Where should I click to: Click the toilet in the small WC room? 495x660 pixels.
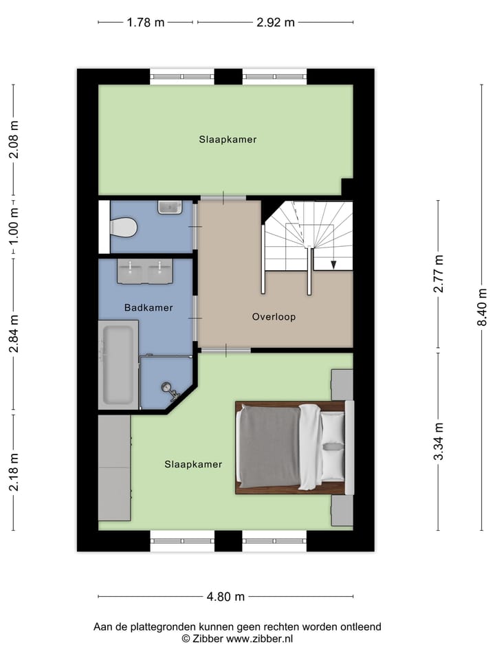coord(124,225)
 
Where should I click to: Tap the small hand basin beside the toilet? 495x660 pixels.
coord(169,206)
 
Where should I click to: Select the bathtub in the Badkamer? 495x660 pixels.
coord(120,364)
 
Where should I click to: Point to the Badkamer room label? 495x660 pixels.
coord(148,307)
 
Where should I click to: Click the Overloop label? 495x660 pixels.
coord(274,317)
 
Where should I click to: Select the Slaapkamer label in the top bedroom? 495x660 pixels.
coord(228,140)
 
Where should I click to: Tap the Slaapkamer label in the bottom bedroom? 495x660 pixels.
coord(193,464)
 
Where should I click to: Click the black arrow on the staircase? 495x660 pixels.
coord(333,263)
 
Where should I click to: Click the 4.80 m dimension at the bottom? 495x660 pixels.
coord(225,597)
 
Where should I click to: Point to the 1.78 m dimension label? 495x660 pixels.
coord(145,22)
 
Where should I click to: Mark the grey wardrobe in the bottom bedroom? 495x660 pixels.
coord(114,467)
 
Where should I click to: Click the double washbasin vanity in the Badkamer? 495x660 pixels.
coord(144,272)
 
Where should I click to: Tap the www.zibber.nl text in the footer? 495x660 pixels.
coord(260,639)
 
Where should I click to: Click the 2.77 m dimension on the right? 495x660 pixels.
coord(439,274)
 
